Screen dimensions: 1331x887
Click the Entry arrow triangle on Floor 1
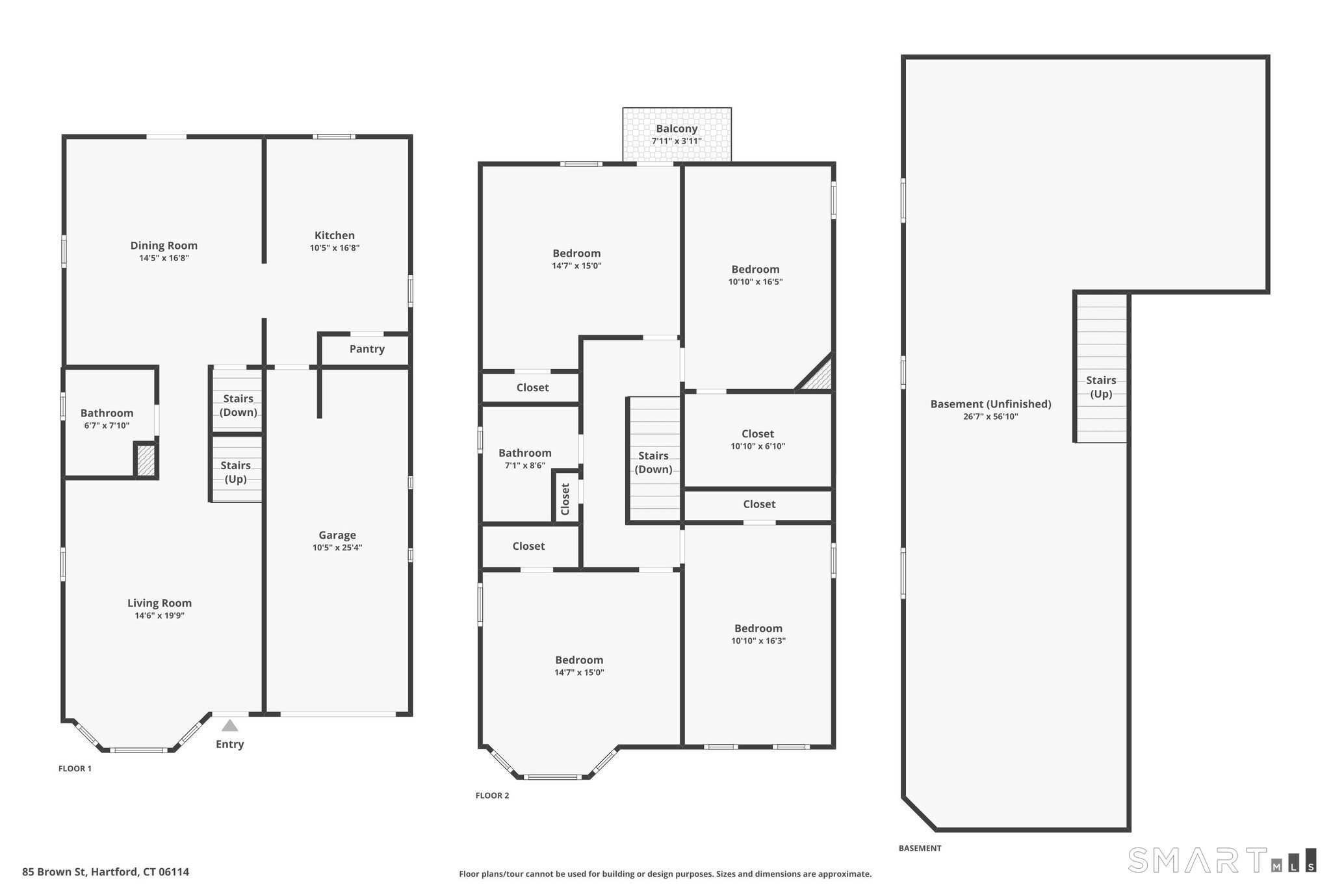tap(229, 725)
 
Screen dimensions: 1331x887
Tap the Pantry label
tap(367, 349)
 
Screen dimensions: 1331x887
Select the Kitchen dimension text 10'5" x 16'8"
tap(335, 248)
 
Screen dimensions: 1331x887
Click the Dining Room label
tap(164, 246)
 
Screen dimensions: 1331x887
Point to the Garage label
tap(337, 535)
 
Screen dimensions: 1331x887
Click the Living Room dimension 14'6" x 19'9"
tap(160, 615)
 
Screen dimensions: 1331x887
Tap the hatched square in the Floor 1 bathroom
tap(146, 460)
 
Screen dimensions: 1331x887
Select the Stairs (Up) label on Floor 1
tap(235, 472)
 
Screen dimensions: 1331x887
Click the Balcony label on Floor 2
tap(677, 129)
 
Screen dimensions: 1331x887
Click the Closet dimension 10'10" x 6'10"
tap(758, 446)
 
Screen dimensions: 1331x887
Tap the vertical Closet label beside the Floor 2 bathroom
tap(565, 499)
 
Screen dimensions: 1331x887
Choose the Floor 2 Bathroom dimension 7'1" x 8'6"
tap(525, 465)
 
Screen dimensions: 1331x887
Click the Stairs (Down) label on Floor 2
tap(653, 463)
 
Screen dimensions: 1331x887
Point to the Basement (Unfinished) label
tap(990, 404)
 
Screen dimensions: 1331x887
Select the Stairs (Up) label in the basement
tap(1101, 387)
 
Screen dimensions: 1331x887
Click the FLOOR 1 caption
tap(75, 769)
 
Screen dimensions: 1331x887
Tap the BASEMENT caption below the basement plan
tap(920, 848)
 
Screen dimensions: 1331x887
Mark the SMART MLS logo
tap(1222, 860)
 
